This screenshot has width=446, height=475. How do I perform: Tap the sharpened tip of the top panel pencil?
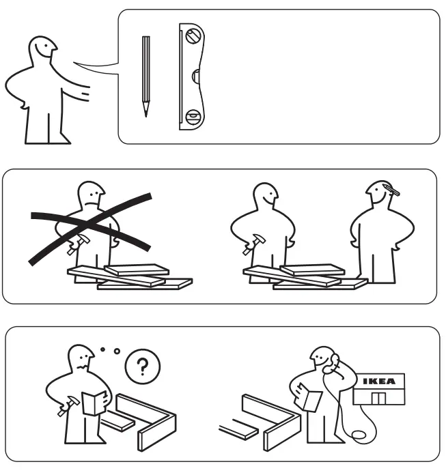point(145,113)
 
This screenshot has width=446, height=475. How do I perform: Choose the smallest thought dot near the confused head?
point(102,349)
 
